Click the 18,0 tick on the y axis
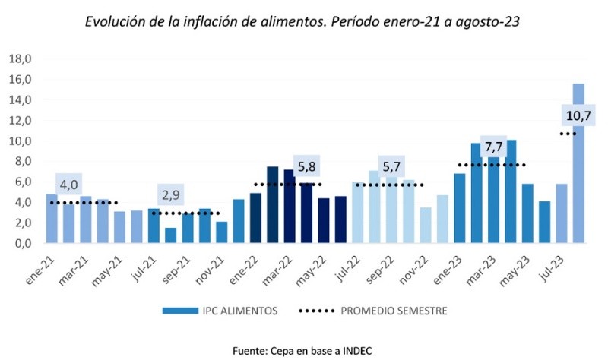[x=20, y=58]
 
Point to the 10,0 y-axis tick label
[x=20, y=141]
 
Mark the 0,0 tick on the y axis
[x=22, y=244]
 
